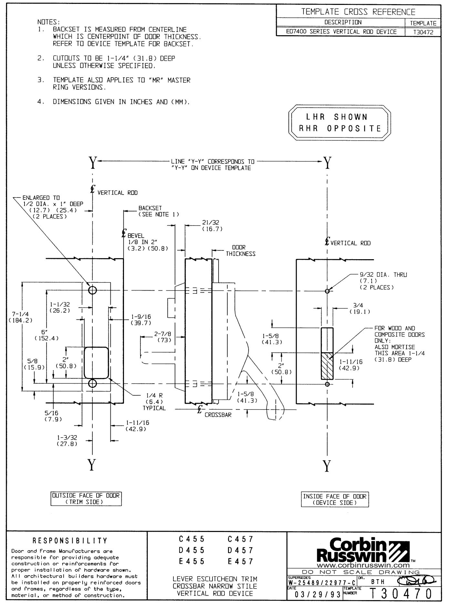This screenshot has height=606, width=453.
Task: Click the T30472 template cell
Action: pos(423,32)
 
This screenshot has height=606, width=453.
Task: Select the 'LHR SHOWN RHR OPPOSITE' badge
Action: pos(339,122)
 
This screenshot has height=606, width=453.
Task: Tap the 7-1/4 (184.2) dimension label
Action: pos(18,317)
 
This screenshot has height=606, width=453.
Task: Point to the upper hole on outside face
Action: pos(92,290)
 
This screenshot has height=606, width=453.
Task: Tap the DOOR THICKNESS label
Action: pos(240,250)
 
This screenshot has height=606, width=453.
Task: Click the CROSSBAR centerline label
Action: pos(218,415)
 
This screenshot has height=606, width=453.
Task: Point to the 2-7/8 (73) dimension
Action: pos(162,337)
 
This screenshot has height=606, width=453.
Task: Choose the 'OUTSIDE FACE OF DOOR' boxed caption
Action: pos(86,498)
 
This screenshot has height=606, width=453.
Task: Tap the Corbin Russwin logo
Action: pos(363,552)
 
